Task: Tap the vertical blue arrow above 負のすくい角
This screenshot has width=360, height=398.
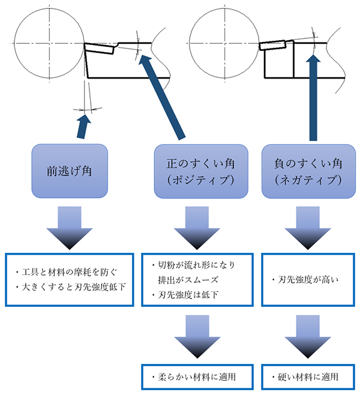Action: click(x=312, y=96)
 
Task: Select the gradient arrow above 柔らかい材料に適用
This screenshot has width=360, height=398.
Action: click(x=194, y=339)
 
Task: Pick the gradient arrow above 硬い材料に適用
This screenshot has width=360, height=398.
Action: click(x=306, y=339)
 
